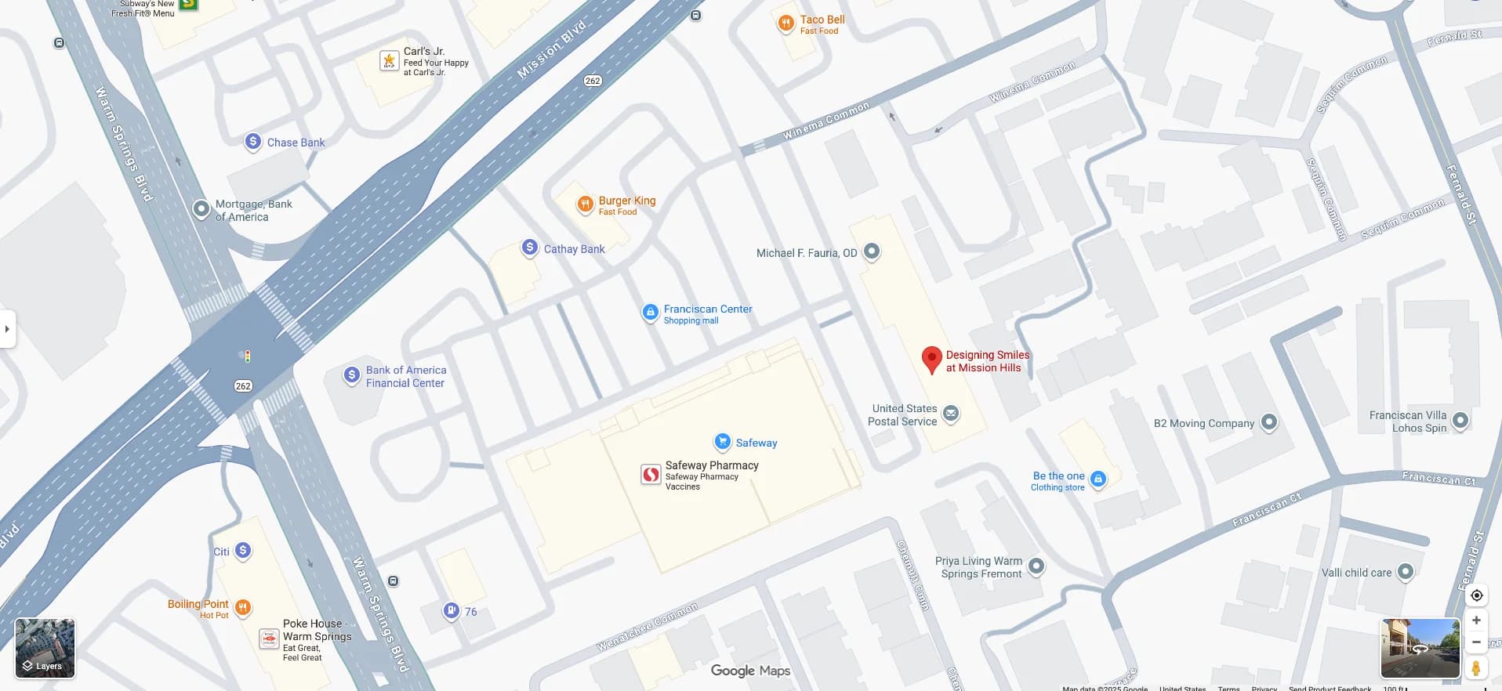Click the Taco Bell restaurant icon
coord(785,24)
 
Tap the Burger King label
coord(626,201)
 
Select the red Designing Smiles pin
coord(931,359)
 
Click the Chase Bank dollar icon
coord(252,141)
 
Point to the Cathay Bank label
coord(574,249)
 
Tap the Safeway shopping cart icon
coord(722,442)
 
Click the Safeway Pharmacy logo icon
coord(651,474)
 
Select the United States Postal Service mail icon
coord(951,414)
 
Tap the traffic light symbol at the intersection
coord(247,356)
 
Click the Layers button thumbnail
coord(45,648)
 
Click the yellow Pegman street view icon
coord(1475,668)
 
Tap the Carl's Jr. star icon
coord(389,60)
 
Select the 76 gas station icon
coord(451,610)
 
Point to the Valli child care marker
coord(1406,572)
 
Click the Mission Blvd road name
coord(552,49)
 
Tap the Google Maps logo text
coord(750,671)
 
